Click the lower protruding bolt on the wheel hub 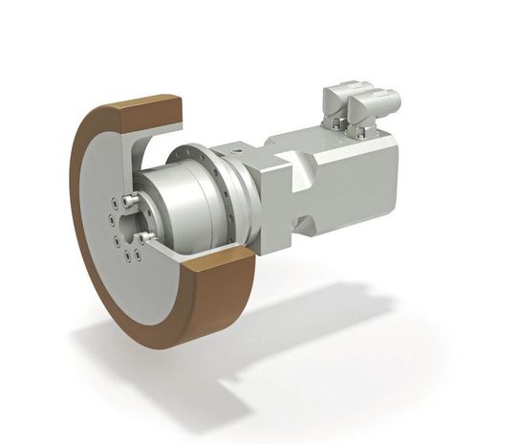click(x=145, y=235)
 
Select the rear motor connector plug click(x=376, y=97)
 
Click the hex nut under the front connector click(x=339, y=124)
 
